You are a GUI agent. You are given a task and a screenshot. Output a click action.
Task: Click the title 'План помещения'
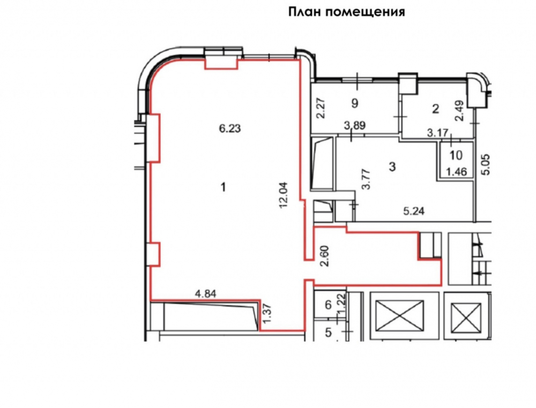[347, 12]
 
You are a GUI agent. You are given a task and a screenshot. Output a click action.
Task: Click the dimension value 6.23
[230, 129]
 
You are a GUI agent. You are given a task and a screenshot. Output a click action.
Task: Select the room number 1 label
[224, 187]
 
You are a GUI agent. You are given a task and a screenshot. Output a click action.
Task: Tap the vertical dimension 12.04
[284, 195]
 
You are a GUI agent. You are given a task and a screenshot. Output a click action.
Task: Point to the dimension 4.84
[205, 293]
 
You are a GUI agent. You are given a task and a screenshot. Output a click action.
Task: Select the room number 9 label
[355, 103]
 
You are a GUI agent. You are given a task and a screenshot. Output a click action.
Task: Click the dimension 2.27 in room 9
[321, 108]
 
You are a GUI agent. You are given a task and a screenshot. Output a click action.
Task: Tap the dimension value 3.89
[355, 125]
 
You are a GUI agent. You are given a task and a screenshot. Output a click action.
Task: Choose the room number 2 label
[435, 109]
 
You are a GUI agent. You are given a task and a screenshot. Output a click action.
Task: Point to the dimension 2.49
[459, 110]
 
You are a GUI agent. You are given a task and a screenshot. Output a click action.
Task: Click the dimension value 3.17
[437, 132]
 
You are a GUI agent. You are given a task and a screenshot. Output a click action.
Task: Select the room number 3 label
[392, 167]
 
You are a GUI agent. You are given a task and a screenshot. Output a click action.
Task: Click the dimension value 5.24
[414, 211]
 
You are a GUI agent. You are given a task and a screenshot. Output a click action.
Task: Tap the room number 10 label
[456, 155]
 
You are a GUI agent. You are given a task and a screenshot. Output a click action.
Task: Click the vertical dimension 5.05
[486, 164]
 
